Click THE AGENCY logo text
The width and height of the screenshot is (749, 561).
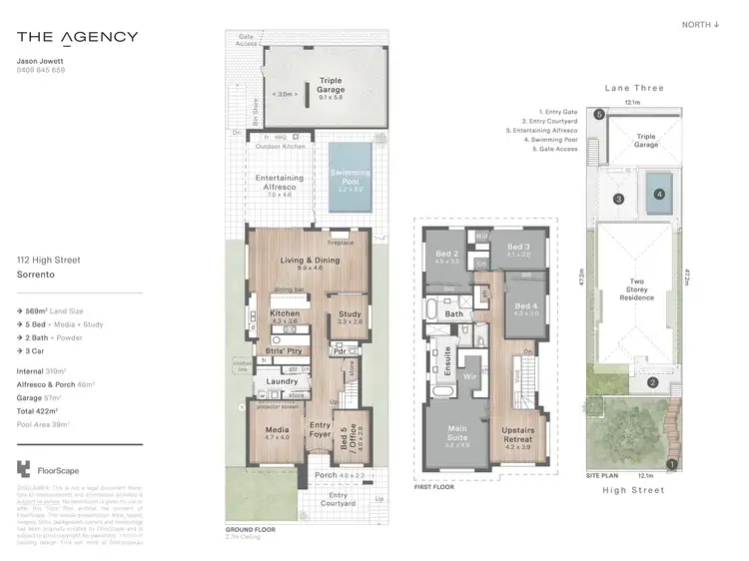point(77,38)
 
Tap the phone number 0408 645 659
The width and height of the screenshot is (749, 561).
point(42,71)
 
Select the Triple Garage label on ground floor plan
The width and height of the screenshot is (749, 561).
point(330,85)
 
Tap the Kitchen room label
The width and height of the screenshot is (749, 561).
point(285,317)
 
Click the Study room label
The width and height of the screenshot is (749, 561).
point(349,317)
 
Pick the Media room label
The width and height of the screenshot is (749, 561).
point(276,432)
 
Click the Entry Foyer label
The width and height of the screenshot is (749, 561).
point(320,430)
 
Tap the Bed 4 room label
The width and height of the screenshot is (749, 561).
point(525,308)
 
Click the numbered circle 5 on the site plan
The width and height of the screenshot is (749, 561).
point(599,115)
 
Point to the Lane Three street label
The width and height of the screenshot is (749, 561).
point(633,88)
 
